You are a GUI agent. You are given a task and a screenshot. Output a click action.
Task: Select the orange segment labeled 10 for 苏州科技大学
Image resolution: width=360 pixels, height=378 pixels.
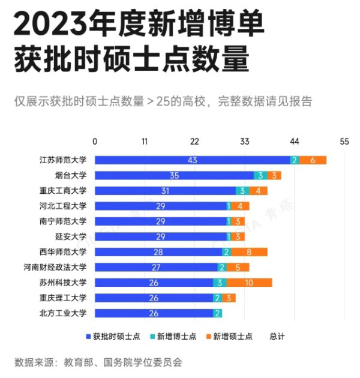click(250, 283)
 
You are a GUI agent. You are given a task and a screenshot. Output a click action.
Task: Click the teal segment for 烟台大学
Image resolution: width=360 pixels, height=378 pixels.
click(260, 176)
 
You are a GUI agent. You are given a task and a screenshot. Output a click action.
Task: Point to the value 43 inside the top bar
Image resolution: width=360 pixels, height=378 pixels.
click(192, 160)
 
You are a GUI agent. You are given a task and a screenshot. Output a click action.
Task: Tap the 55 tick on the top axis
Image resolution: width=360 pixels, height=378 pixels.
click(344, 142)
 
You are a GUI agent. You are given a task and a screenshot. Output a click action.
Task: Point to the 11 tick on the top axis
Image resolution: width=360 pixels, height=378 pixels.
click(145, 142)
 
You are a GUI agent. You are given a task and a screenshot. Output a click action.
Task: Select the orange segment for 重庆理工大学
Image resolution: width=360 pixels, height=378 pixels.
click(229, 298)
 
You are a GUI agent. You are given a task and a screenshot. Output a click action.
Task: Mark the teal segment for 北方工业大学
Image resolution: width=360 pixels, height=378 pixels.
click(217, 313)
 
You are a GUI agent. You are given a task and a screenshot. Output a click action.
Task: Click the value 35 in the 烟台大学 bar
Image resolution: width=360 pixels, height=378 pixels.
click(175, 176)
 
